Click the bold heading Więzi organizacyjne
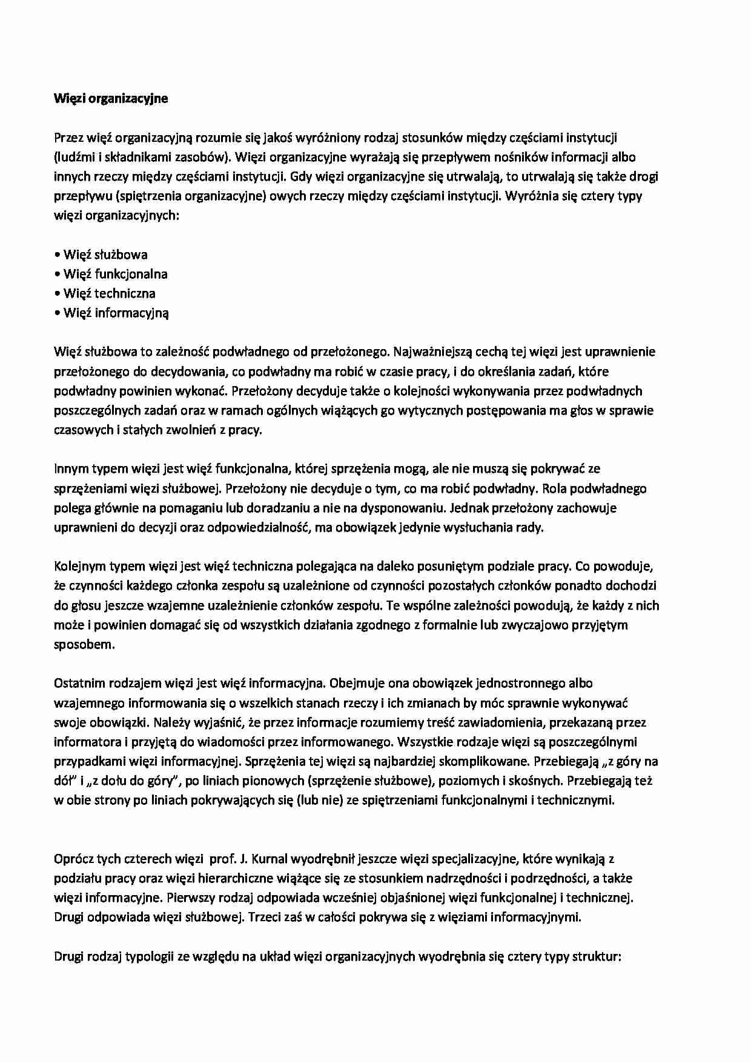tap(111, 99)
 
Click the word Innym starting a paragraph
tap(71, 468)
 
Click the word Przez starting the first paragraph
tap(68, 138)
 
